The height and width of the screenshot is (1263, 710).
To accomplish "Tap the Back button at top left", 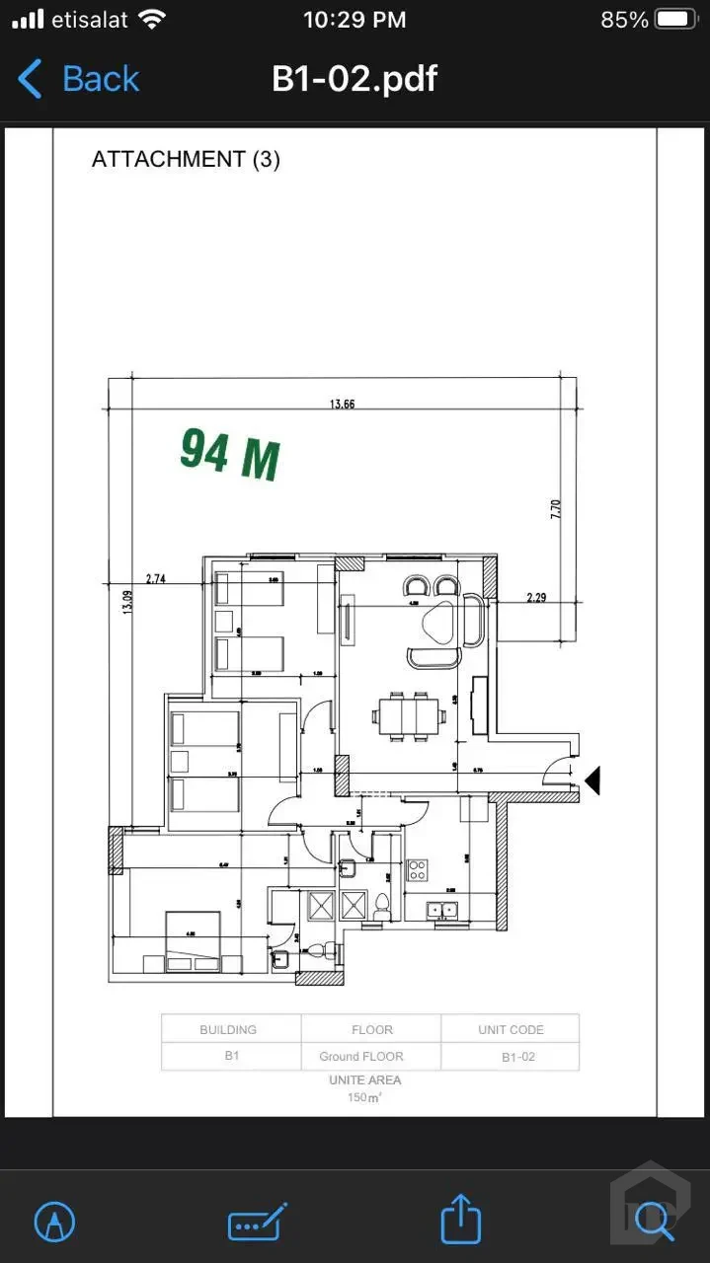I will click(x=79, y=79).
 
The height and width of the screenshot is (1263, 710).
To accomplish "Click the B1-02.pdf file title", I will click(x=355, y=79).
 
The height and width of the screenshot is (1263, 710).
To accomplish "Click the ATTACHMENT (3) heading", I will click(x=186, y=159).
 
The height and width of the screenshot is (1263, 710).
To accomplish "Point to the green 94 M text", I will click(x=229, y=455).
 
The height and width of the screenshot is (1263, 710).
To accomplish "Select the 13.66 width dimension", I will click(x=342, y=403).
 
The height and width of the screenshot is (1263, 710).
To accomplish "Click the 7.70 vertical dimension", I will click(x=555, y=509).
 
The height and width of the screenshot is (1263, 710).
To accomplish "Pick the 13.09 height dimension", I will click(x=126, y=602).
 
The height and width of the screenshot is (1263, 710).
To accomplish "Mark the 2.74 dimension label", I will click(x=155, y=579).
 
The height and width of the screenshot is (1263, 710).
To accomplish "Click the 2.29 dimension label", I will click(x=536, y=598).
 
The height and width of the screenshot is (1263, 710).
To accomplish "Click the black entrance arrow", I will click(x=592, y=781).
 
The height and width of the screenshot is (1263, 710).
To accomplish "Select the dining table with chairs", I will click(x=407, y=717).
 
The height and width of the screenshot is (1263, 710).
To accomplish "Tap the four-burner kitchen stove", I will click(x=418, y=869).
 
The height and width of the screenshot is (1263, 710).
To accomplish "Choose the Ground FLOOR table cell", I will click(x=361, y=1056).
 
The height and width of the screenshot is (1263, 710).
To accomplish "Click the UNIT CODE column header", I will click(x=511, y=1029).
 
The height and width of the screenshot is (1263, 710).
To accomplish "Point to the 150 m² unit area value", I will click(x=365, y=1097).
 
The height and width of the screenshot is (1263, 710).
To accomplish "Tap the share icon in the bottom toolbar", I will click(x=460, y=1220).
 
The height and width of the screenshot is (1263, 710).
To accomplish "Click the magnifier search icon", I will click(x=653, y=1220).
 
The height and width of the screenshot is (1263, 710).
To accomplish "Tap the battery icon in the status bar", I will click(x=676, y=20).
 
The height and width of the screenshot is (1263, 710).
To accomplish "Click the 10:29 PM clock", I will click(x=355, y=20).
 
